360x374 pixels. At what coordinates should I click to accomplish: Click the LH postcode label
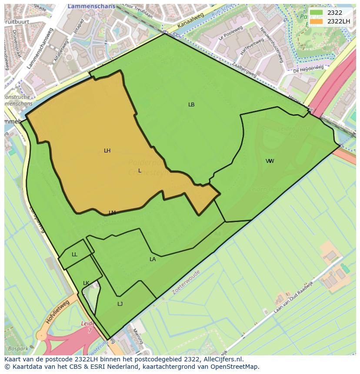click(107, 151)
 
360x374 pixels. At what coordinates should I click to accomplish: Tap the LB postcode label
click(191, 105)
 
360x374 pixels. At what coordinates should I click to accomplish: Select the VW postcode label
click(270, 161)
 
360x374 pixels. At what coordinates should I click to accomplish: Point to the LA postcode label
click(153, 259)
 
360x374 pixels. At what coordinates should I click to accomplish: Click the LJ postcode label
click(120, 304)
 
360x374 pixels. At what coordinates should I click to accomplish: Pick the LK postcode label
click(86, 283)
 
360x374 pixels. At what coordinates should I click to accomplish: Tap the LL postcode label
click(74, 255)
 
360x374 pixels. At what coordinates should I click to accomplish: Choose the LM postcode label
click(112, 213)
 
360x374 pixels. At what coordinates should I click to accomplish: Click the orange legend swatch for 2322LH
click(316, 21)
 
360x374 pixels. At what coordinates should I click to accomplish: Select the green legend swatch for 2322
click(316, 13)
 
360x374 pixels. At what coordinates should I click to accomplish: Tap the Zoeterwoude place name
click(186, 282)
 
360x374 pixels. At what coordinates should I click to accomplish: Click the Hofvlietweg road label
click(57, 312)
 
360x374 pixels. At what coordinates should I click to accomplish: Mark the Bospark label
click(18, 348)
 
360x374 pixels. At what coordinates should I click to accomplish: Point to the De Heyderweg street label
click(308, 69)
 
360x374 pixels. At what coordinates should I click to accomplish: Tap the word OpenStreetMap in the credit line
click(237, 367)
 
